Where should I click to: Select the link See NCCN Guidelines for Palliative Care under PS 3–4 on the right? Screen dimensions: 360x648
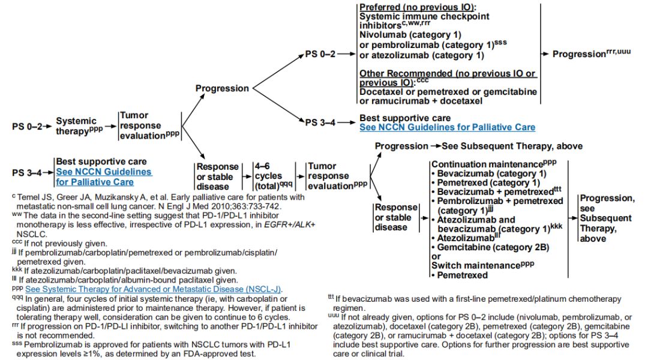447,127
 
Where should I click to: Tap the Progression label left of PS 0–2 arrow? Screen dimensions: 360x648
222,88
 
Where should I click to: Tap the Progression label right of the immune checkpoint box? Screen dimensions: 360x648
578,54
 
